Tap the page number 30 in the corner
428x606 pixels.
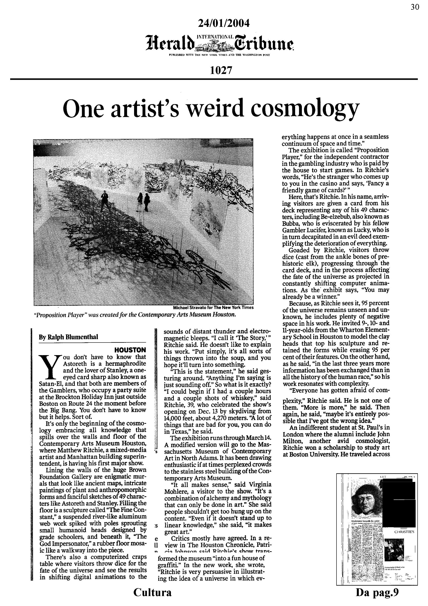pos(415,7)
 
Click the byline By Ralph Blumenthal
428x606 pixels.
pos(68,337)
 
